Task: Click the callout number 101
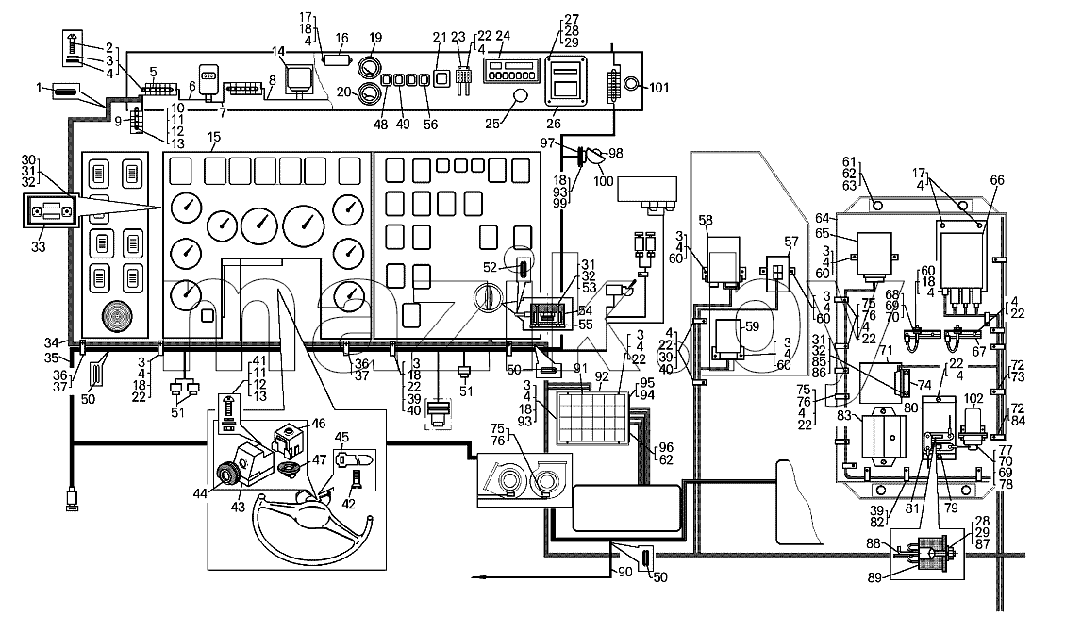click(658, 87)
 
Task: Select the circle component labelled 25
click(521, 96)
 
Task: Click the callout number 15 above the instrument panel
click(214, 137)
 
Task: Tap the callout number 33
click(39, 247)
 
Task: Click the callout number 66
click(996, 180)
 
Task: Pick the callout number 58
click(706, 221)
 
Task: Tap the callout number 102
click(973, 399)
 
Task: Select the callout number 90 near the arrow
click(624, 572)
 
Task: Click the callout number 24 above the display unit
click(503, 35)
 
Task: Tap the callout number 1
click(39, 88)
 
